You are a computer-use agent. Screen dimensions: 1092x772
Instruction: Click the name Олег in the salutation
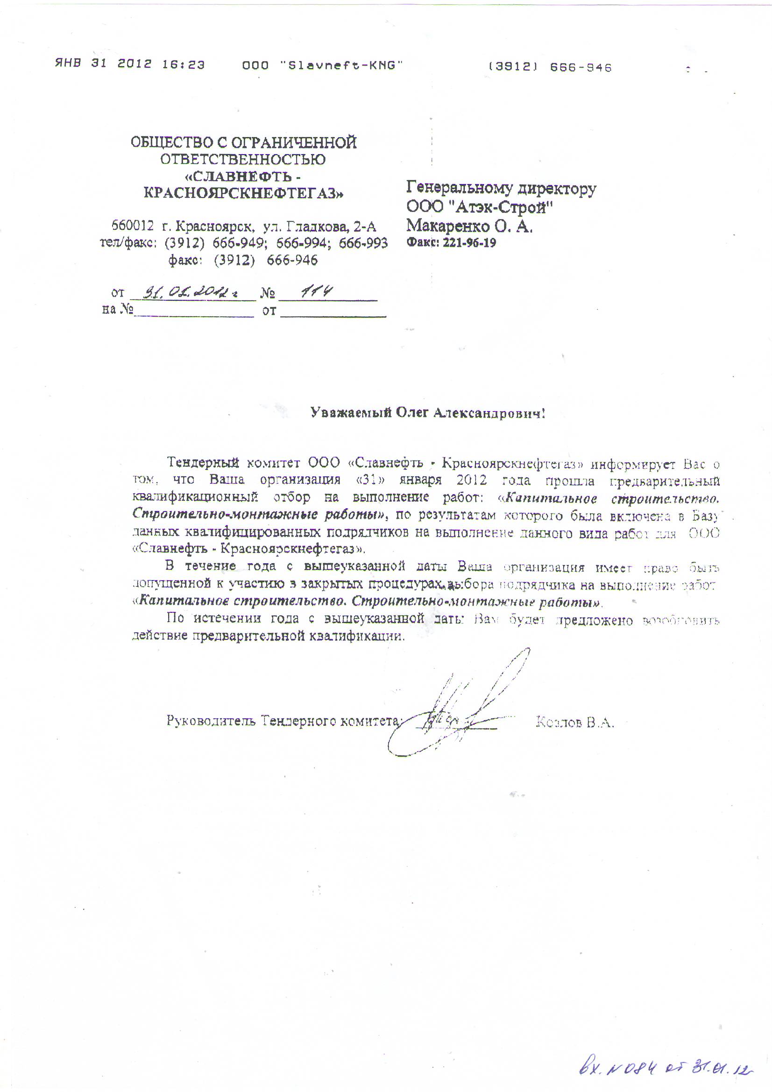[x=413, y=413]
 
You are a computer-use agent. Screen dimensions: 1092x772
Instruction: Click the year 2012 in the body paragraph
[x=471, y=480]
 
